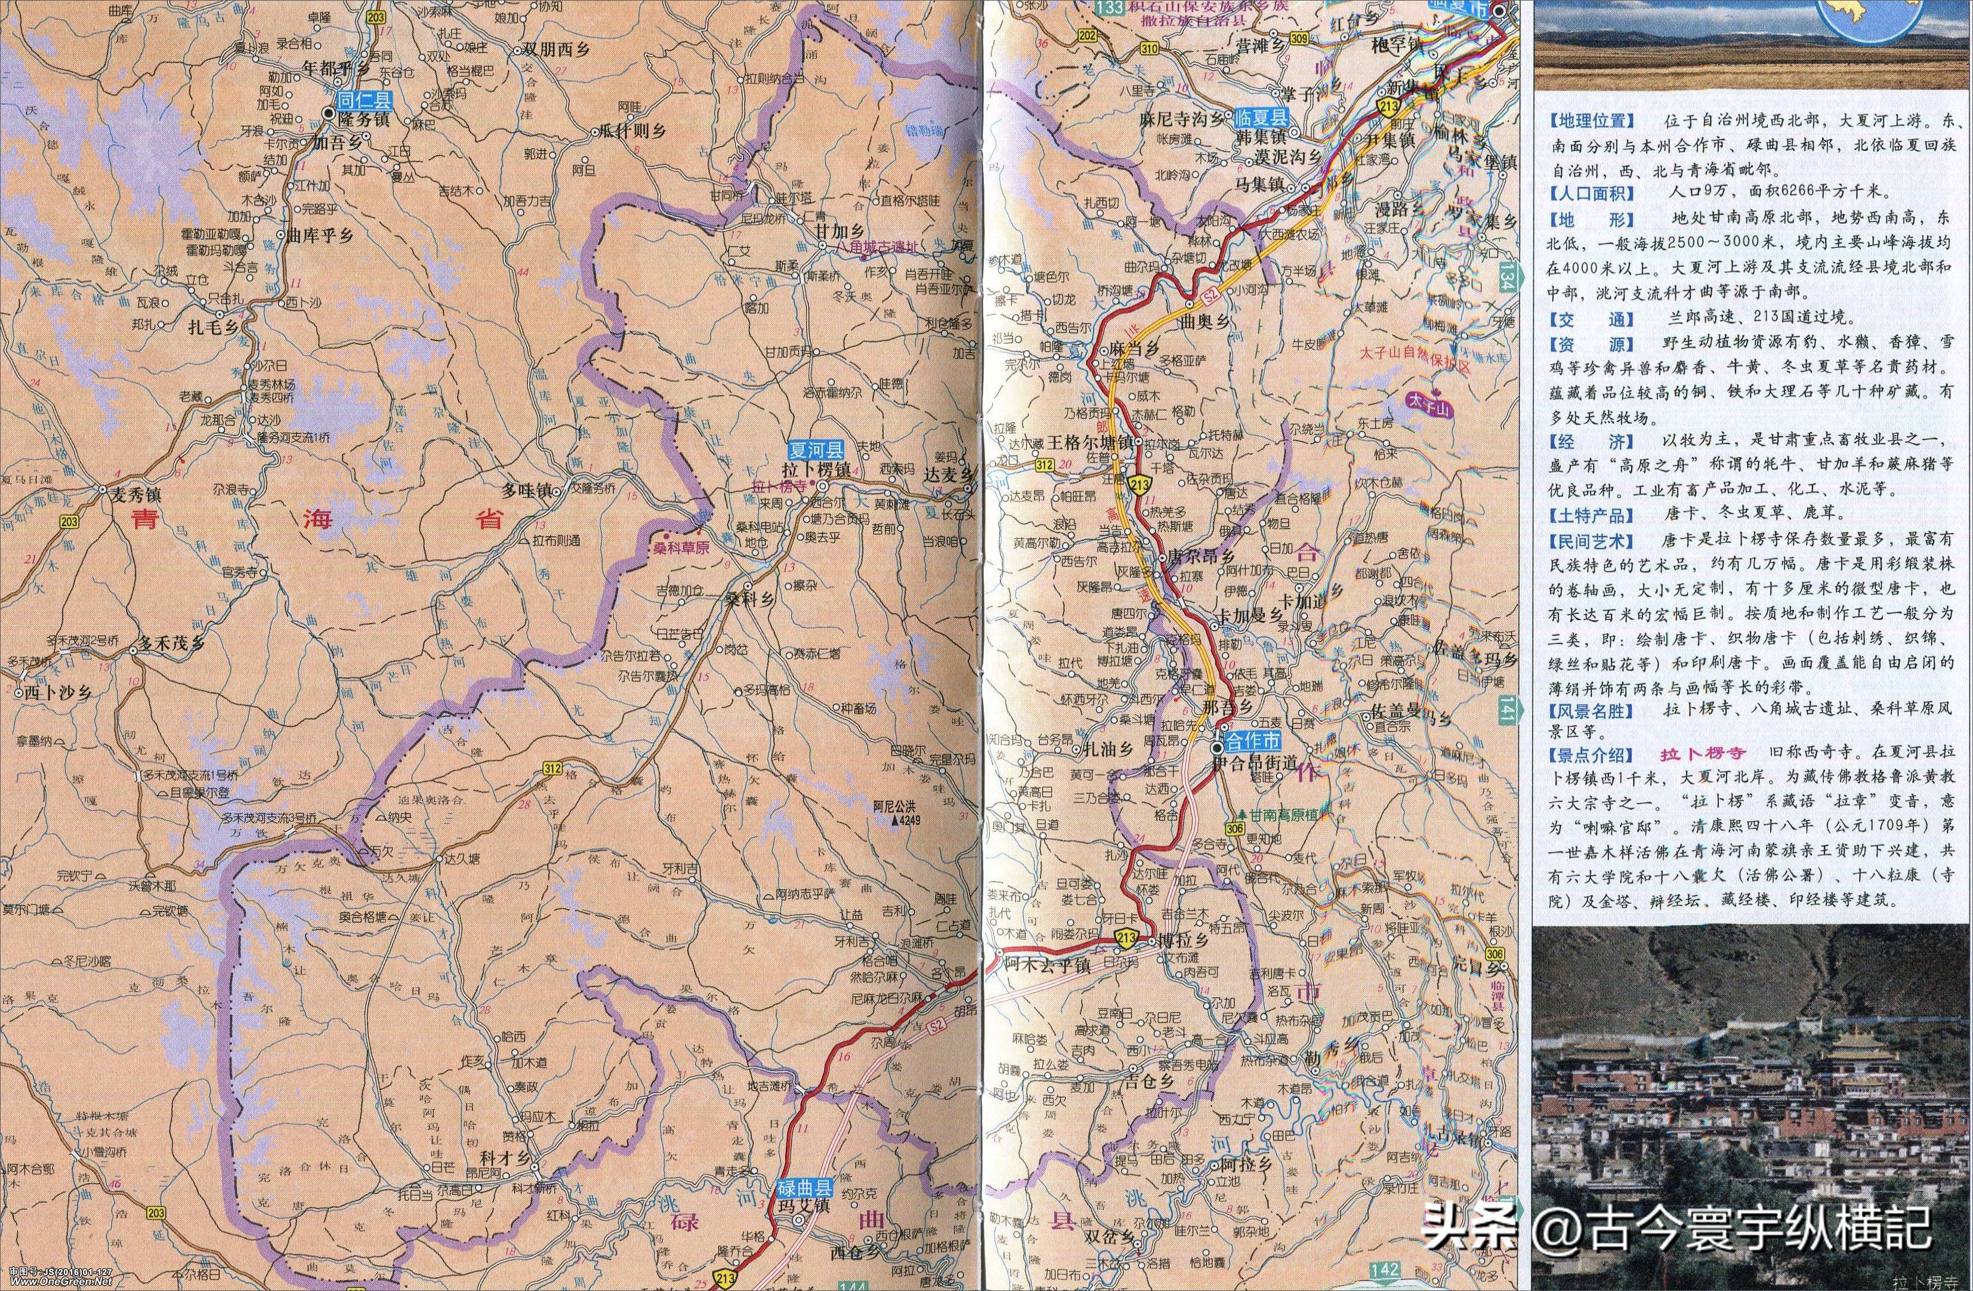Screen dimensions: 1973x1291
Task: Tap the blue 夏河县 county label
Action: (x=815, y=450)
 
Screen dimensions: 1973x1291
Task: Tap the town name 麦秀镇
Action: (x=136, y=494)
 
